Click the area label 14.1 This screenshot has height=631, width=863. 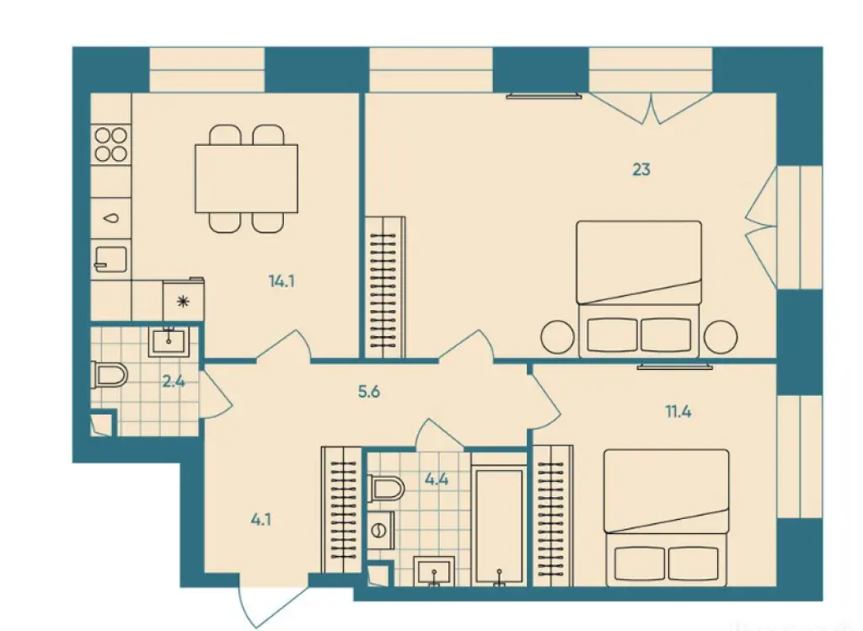(281, 281)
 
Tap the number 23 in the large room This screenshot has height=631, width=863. (641, 169)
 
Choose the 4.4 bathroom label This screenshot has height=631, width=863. (436, 481)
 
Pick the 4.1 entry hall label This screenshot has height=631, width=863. (260, 519)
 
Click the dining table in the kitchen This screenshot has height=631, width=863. (246, 178)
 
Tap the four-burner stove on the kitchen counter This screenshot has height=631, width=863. (111, 143)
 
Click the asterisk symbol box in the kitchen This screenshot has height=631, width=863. (181, 301)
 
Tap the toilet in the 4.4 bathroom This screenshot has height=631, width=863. (387, 487)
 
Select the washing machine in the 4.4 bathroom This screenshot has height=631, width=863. (380, 530)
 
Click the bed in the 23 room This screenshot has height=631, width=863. (640, 286)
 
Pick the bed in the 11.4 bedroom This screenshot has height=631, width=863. (666, 516)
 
